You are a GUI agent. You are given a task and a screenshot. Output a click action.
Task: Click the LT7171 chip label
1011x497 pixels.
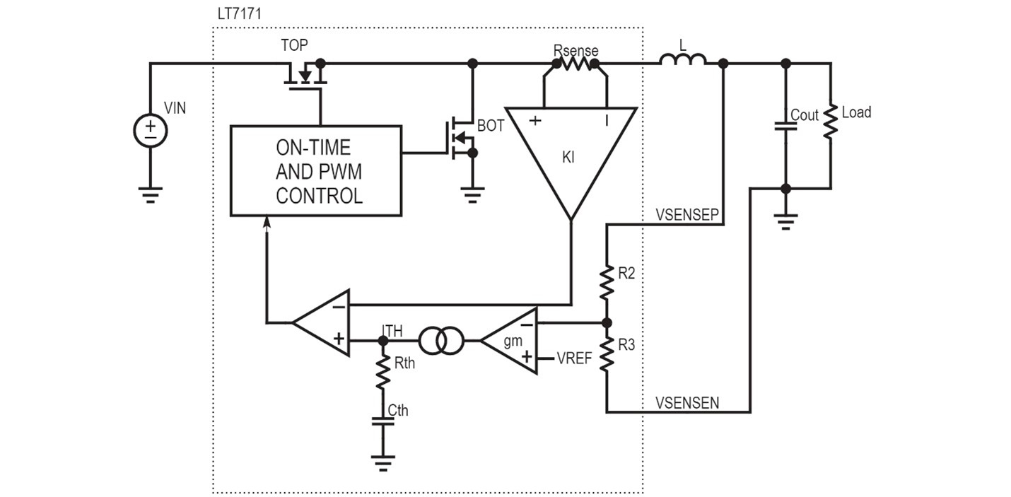click(239, 13)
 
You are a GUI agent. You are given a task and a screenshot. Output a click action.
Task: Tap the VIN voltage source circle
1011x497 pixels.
click(151, 131)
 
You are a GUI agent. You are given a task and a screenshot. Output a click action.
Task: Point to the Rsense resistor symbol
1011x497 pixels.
click(576, 64)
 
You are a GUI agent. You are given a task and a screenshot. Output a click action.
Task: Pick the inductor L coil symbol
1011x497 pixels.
click(682, 60)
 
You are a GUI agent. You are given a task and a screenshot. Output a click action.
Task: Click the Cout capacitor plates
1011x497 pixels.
click(785, 126)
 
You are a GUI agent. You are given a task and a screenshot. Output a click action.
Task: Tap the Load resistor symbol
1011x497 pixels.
click(831, 122)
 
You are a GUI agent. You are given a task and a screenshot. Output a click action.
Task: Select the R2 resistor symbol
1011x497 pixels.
click(607, 282)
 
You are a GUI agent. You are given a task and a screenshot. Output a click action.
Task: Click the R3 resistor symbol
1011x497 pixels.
click(607, 354)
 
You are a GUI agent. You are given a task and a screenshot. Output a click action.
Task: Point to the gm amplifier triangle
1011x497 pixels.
click(509, 341)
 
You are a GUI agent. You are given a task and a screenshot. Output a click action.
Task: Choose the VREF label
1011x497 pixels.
click(574, 358)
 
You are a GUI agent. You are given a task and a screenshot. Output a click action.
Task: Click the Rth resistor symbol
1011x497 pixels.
click(382, 373)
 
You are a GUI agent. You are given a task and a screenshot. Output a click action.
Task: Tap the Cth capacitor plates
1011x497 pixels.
click(382, 421)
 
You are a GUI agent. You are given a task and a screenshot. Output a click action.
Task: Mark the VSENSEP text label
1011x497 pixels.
click(687, 215)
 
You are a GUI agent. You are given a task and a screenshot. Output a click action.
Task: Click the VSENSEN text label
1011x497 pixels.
click(687, 403)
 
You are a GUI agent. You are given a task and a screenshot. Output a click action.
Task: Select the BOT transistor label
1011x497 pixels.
click(491, 126)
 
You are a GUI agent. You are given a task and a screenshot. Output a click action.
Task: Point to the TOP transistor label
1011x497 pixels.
click(294, 45)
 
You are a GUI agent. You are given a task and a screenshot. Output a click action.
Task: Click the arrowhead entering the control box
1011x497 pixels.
click(267, 223)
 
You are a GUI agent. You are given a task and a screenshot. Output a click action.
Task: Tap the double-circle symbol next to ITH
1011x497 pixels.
click(441, 341)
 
